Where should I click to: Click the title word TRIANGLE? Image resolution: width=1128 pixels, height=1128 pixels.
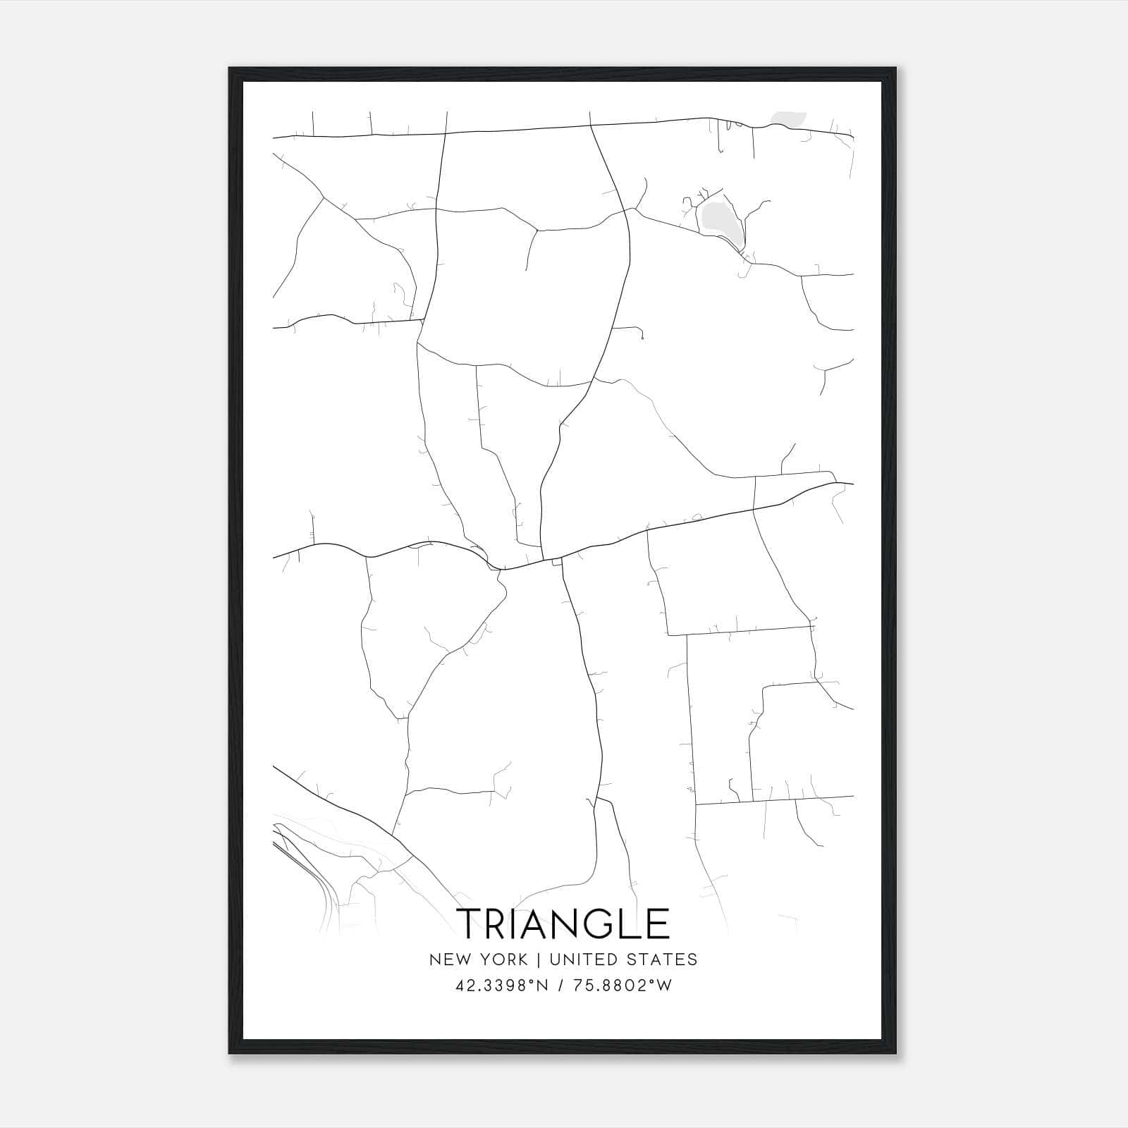tap(563, 924)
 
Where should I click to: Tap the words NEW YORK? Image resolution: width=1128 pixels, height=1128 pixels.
tap(478, 960)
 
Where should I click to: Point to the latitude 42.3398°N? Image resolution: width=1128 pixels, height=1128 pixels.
tap(502, 986)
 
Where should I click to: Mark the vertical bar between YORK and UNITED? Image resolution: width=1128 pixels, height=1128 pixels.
tap(538, 960)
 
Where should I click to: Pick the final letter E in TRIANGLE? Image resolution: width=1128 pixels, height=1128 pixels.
tap(658, 924)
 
